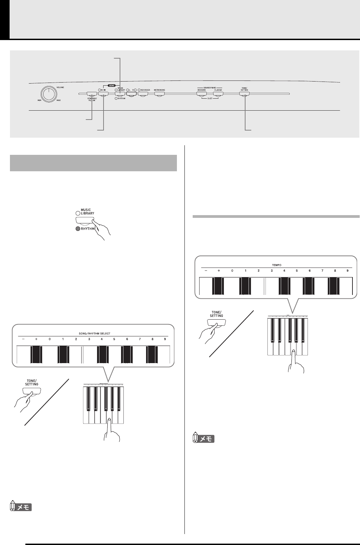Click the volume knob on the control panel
(x=49, y=93)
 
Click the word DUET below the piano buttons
(x=209, y=98)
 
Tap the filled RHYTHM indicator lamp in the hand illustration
(x=78, y=228)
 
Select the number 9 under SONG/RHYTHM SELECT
(x=165, y=339)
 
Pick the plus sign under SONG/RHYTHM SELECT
(x=36, y=339)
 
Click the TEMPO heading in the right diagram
(x=277, y=265)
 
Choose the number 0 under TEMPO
(x=232, y=271)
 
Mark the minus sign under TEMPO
(x=206, y=271)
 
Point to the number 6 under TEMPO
(x=310, y=271)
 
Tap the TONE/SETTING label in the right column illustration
(x=216, y=314)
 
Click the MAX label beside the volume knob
(x=59, y=100)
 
